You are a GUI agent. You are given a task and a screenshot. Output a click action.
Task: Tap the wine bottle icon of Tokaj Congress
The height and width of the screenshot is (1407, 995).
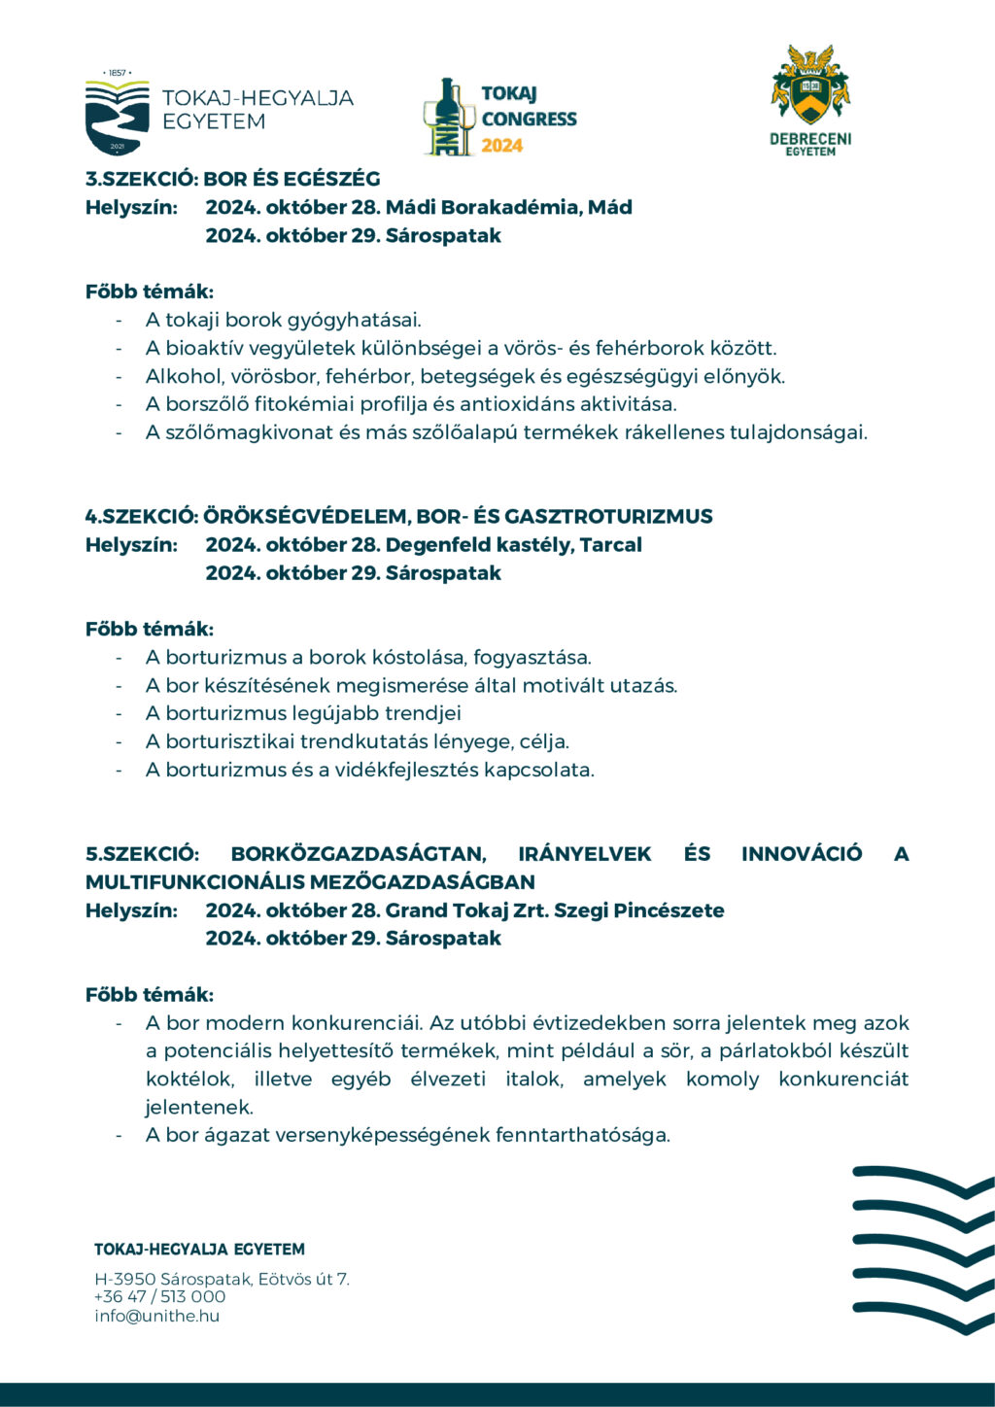(447, 117)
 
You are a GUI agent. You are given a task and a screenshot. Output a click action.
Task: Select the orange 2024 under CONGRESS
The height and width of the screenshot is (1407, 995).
(502, 146)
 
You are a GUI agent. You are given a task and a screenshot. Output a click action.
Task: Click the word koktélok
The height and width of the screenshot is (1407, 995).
(189, 1080)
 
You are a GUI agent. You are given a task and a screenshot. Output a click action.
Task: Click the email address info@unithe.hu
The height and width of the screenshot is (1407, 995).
(156, 1316)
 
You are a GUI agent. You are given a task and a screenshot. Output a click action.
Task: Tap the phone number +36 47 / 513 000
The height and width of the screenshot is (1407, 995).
(159, 1296)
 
